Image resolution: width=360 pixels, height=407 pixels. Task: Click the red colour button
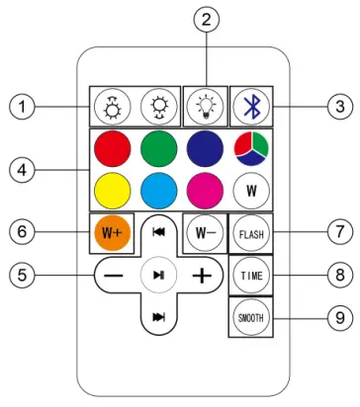point(113,148)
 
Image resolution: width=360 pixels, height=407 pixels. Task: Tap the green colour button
point(158,148)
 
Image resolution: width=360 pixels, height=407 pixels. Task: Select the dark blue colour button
point(203,148)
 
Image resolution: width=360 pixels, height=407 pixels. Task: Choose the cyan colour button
point(158,188)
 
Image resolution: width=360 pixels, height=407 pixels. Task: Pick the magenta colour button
point(203,188)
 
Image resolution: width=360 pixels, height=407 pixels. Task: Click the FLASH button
point(249,235)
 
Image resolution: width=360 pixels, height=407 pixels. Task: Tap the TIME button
point(249,276)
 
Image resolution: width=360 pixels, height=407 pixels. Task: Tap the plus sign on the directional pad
point(202,276)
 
